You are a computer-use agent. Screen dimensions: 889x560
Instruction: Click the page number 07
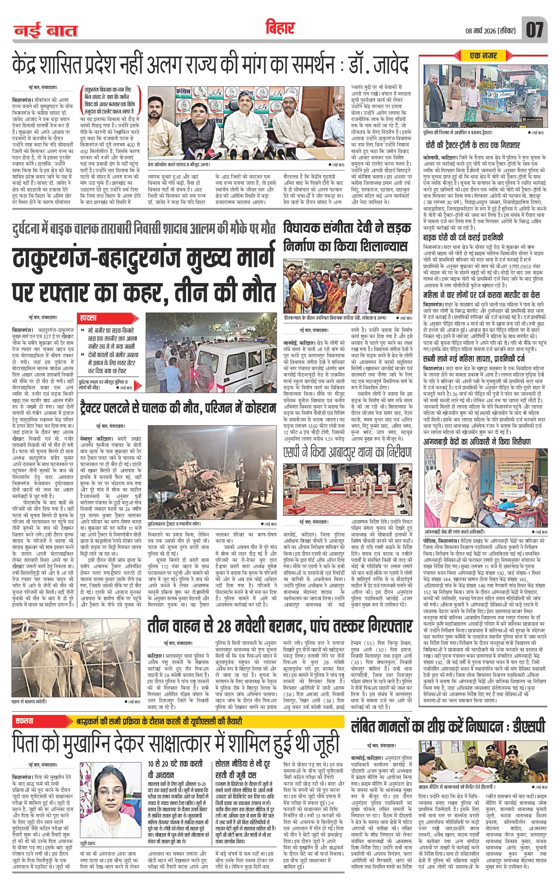(535, 30)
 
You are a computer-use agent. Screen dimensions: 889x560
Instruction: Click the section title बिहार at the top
(280, 29)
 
